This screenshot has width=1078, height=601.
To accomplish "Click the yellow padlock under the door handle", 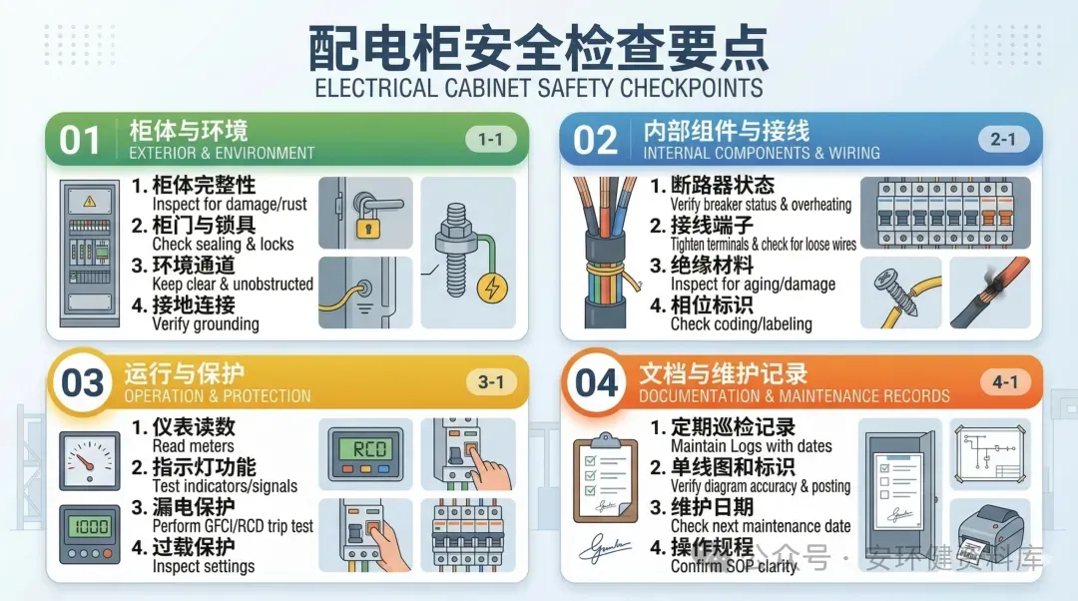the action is pyautogui.click(x=367, y=226).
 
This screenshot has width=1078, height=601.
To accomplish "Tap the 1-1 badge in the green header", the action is pyautogui.click(x=490, y=139).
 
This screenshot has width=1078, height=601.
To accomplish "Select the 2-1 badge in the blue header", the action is pyautogui.click(x=1003, y=139).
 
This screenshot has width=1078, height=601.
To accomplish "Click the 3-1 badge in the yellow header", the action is pyautogui.click(x=491, y=381).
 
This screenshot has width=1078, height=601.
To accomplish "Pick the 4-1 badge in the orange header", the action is pyautogui.click(x=1005, y=381).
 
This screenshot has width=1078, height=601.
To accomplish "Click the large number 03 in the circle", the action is pyautogui.click(x=82, y=383).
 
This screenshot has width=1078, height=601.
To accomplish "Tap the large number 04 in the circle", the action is pyautogui.click(x=596, y=383).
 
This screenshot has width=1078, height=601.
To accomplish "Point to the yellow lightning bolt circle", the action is pyautogui.click(x=492, y=288).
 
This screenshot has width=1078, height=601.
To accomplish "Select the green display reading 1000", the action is pyautogui.click(x=90, y=527).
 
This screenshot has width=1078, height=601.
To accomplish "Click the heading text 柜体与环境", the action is pyautogui.click(x=189, y=131).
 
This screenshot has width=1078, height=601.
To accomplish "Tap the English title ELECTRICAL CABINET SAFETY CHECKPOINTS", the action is pyautogui.click(x=539, y=88).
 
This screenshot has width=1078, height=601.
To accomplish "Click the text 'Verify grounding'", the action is pyautogui.click(x=206, y=323).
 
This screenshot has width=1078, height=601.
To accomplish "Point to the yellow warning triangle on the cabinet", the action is pyautogui.click(x=90, y=201).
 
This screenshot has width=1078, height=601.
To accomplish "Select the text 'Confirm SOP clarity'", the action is pyautogui.click(x=733, y=566).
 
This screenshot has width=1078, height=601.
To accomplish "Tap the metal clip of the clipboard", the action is pyautogui.click(x=606, y=439).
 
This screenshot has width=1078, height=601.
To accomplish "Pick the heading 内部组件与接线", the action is pyautogui.click(x=727, y=131).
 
